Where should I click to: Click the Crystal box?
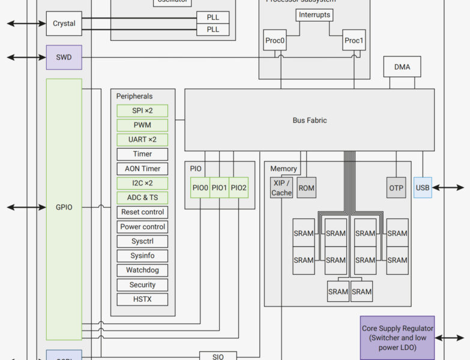click(64, 24)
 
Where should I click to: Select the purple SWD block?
click(64, 58)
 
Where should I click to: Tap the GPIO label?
click(64, 207)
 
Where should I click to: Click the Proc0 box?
click(274, 41)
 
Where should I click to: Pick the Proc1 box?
click(354, 41)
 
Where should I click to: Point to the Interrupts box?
click(314, 15)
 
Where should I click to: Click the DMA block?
click(402, 67)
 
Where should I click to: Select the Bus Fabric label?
click(309, 120)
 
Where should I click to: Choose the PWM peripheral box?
click(142, 125)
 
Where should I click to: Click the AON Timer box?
click(142, 169)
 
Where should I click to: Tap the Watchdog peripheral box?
click(142, 270)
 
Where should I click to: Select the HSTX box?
click(142, 299)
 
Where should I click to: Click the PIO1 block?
click(219, 188)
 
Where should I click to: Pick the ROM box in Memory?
click(306, 188)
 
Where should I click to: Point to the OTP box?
click(396, 188)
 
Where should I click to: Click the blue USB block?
click(423, 188)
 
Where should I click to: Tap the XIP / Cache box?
click(281, 188)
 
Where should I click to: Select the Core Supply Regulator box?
click(397, 338)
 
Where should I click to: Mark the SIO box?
click(218, 356)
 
